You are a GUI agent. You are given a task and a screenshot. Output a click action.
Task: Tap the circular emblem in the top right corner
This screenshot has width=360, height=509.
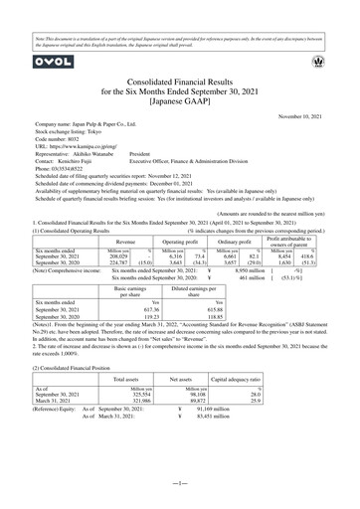(331, 62)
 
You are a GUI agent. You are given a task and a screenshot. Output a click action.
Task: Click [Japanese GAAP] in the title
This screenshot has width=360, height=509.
(180, 100)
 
